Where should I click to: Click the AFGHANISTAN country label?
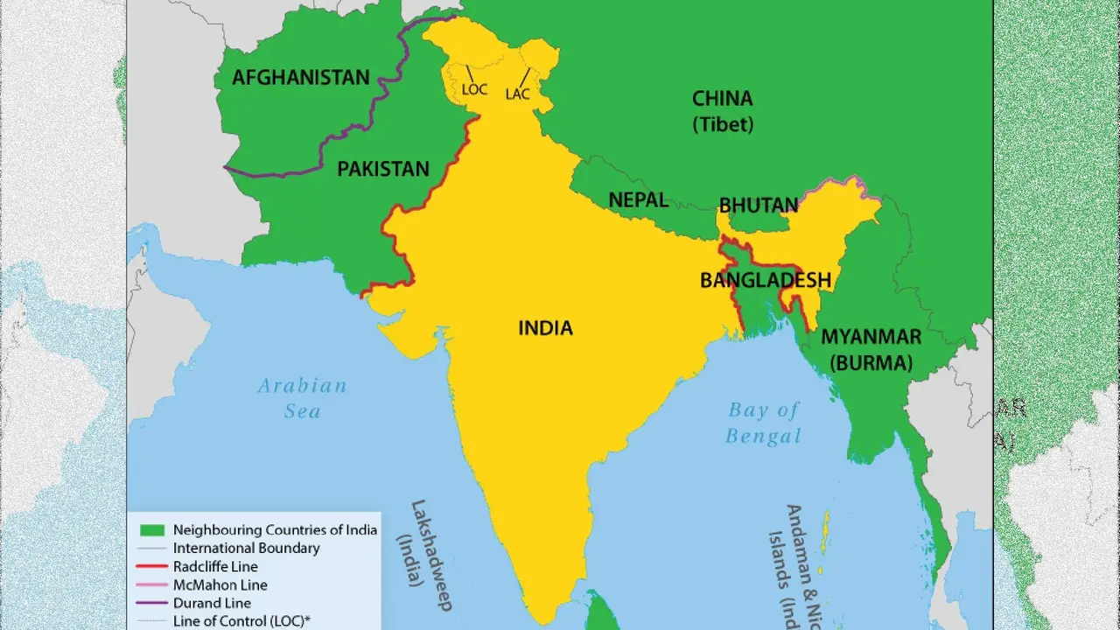[x=300, y=78]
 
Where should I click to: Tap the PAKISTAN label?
[x=383, y=169]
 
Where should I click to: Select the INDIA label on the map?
[x=545, y=328]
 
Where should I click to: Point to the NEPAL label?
[x=638, y=199]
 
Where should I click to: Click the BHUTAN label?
[x=758, y=206]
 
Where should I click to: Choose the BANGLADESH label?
[x=765, y=280]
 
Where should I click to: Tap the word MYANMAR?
[x=871, y=337]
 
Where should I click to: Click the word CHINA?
[x=722, y=98]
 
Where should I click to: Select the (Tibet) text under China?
[x=723, y=124]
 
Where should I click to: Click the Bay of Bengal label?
[x=764, y=422]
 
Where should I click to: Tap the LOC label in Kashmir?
[x=474, y=89]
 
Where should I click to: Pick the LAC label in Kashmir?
[x=517, y=94]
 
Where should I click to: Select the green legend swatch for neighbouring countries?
[x=152, y=530]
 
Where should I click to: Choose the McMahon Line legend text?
[x=220, y=585]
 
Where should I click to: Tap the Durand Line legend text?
[x=212, y=603]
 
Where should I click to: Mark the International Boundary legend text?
[x=246, y=549]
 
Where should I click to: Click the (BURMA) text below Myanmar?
[x=871, y=362]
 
